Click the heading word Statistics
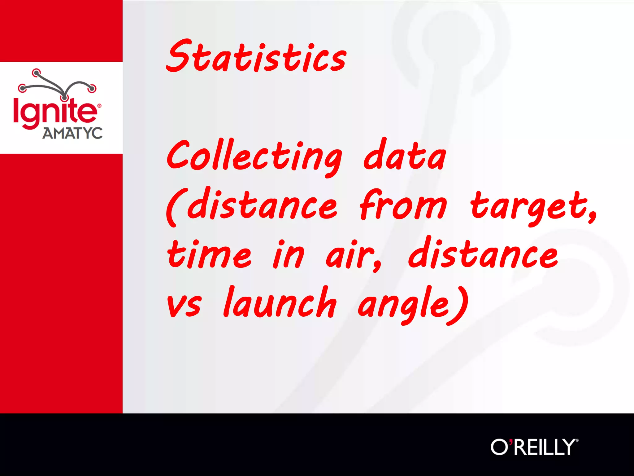(x=256, y=56)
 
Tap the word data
(x=405, y=155)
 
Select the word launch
(x=280, y=302)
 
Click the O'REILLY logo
(x=534, y=447)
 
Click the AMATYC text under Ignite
(x=72, y=133)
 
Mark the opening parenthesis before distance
(x=172, y=207)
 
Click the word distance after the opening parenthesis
(x=262, y=205)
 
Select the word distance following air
(x=483, y=253)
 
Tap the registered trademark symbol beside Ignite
(x=99, y=106)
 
